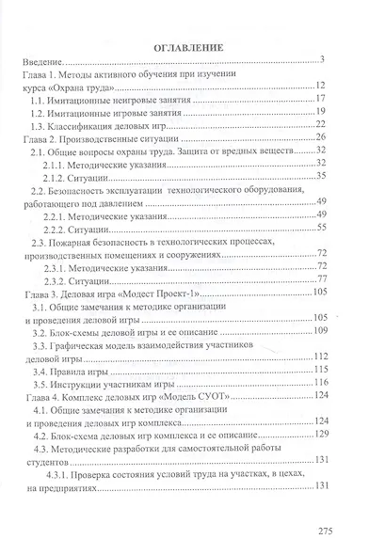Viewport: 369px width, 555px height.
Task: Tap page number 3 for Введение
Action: (x=322, y=58)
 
